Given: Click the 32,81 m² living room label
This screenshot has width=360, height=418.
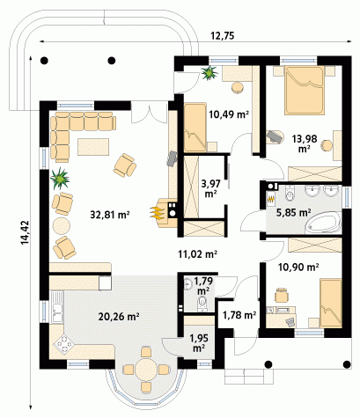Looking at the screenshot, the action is tap(110, 215).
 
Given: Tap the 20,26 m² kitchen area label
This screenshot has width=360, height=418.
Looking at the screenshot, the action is tap(119, 317).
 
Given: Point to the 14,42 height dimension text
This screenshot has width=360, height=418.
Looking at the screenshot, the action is tap(25, 232).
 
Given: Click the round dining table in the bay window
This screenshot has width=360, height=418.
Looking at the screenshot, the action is tap(146, 370).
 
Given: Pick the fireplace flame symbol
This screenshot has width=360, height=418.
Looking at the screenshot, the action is tap(157, 213).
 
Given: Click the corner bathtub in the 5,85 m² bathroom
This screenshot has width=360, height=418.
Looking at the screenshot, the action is tap(323, 223).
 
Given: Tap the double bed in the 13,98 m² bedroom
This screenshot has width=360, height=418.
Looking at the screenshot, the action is tap(305, 90).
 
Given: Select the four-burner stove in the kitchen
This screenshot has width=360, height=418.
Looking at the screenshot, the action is tap(64, 343).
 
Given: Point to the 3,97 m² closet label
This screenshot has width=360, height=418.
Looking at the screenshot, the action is tap(209, 188).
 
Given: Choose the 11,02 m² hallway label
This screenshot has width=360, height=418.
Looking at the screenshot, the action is tap(198, 253).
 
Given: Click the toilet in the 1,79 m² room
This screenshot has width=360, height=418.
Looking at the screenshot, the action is tap(202, 304).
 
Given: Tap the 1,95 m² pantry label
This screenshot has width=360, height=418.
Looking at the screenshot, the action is tap(199, 343).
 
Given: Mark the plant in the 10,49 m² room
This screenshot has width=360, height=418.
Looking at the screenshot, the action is tap(209, 72).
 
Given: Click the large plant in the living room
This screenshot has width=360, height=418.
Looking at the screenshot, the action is tap(60, 178).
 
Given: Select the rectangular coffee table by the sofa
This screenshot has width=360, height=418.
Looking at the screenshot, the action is tap(93, 147).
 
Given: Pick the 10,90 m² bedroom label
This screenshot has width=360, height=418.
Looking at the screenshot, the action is tap(298, 268).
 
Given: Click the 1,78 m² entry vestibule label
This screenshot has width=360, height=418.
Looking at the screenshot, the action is tap(239, 315).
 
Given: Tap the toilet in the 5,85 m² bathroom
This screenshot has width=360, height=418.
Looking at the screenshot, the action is tap(290, 194).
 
